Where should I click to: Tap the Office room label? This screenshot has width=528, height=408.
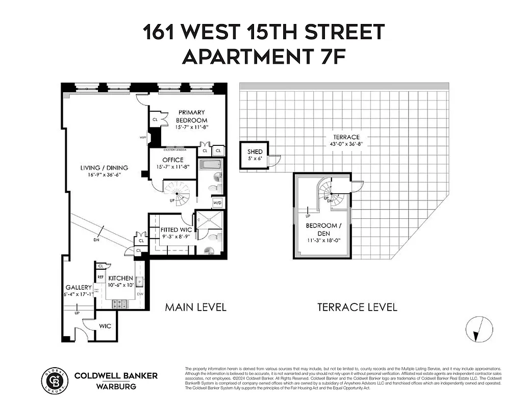point(172,160)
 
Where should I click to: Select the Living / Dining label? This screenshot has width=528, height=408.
point(104,168)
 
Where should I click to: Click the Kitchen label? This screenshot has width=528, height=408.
point(120,278)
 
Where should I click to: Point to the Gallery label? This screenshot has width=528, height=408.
point(78,288)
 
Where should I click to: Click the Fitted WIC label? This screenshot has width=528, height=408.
point(176,230)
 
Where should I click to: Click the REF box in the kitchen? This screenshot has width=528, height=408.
point(100,277)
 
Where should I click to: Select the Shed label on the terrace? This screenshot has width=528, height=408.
point(255,152)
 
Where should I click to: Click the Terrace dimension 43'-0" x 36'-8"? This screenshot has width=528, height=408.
point(347,144)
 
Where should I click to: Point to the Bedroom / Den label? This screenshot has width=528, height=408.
point(321,229)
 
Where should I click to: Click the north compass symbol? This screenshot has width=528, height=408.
point(479,329)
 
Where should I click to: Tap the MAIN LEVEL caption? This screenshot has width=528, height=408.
point(195,307)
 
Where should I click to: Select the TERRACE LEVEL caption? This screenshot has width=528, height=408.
point(357,307)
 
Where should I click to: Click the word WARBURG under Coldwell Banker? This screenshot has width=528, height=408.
point(116,386)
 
